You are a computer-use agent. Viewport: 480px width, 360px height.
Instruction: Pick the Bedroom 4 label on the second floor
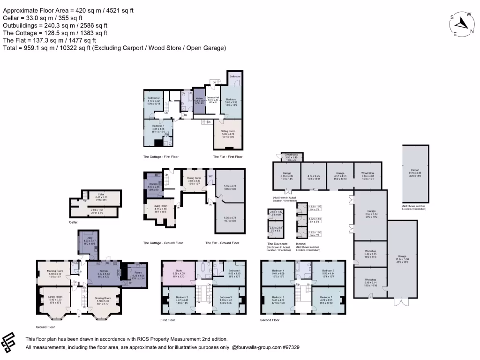coord(278,270)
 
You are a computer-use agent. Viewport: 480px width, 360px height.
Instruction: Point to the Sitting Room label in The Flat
coord(228,131)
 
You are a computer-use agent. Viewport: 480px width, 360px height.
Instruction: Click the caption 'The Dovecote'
coord(277,244)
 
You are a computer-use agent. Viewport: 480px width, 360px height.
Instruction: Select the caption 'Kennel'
coord(301,244)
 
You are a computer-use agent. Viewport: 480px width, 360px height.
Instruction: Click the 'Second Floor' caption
coord(270,320)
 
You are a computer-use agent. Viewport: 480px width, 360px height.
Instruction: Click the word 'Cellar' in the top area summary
coord(11,18)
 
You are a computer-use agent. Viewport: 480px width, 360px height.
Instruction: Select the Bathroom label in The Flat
coord(234,75)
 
